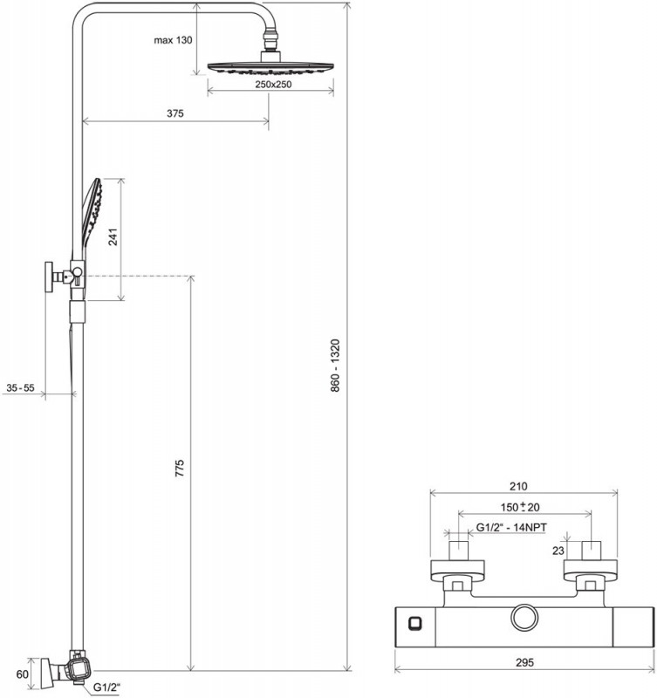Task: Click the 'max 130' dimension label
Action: pyautogui.click(x=173, y=41)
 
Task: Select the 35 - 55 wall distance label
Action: pyautogui.click(x=20, y=387)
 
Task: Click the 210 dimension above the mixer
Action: pyautogui.click(x=519, y=487)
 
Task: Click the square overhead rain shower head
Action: pyautogui.click(x=271, y=66)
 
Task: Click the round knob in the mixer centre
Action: pyautogui.click(x=526, y=618)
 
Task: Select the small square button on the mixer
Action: pyautogui.click(x=414, y=622)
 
